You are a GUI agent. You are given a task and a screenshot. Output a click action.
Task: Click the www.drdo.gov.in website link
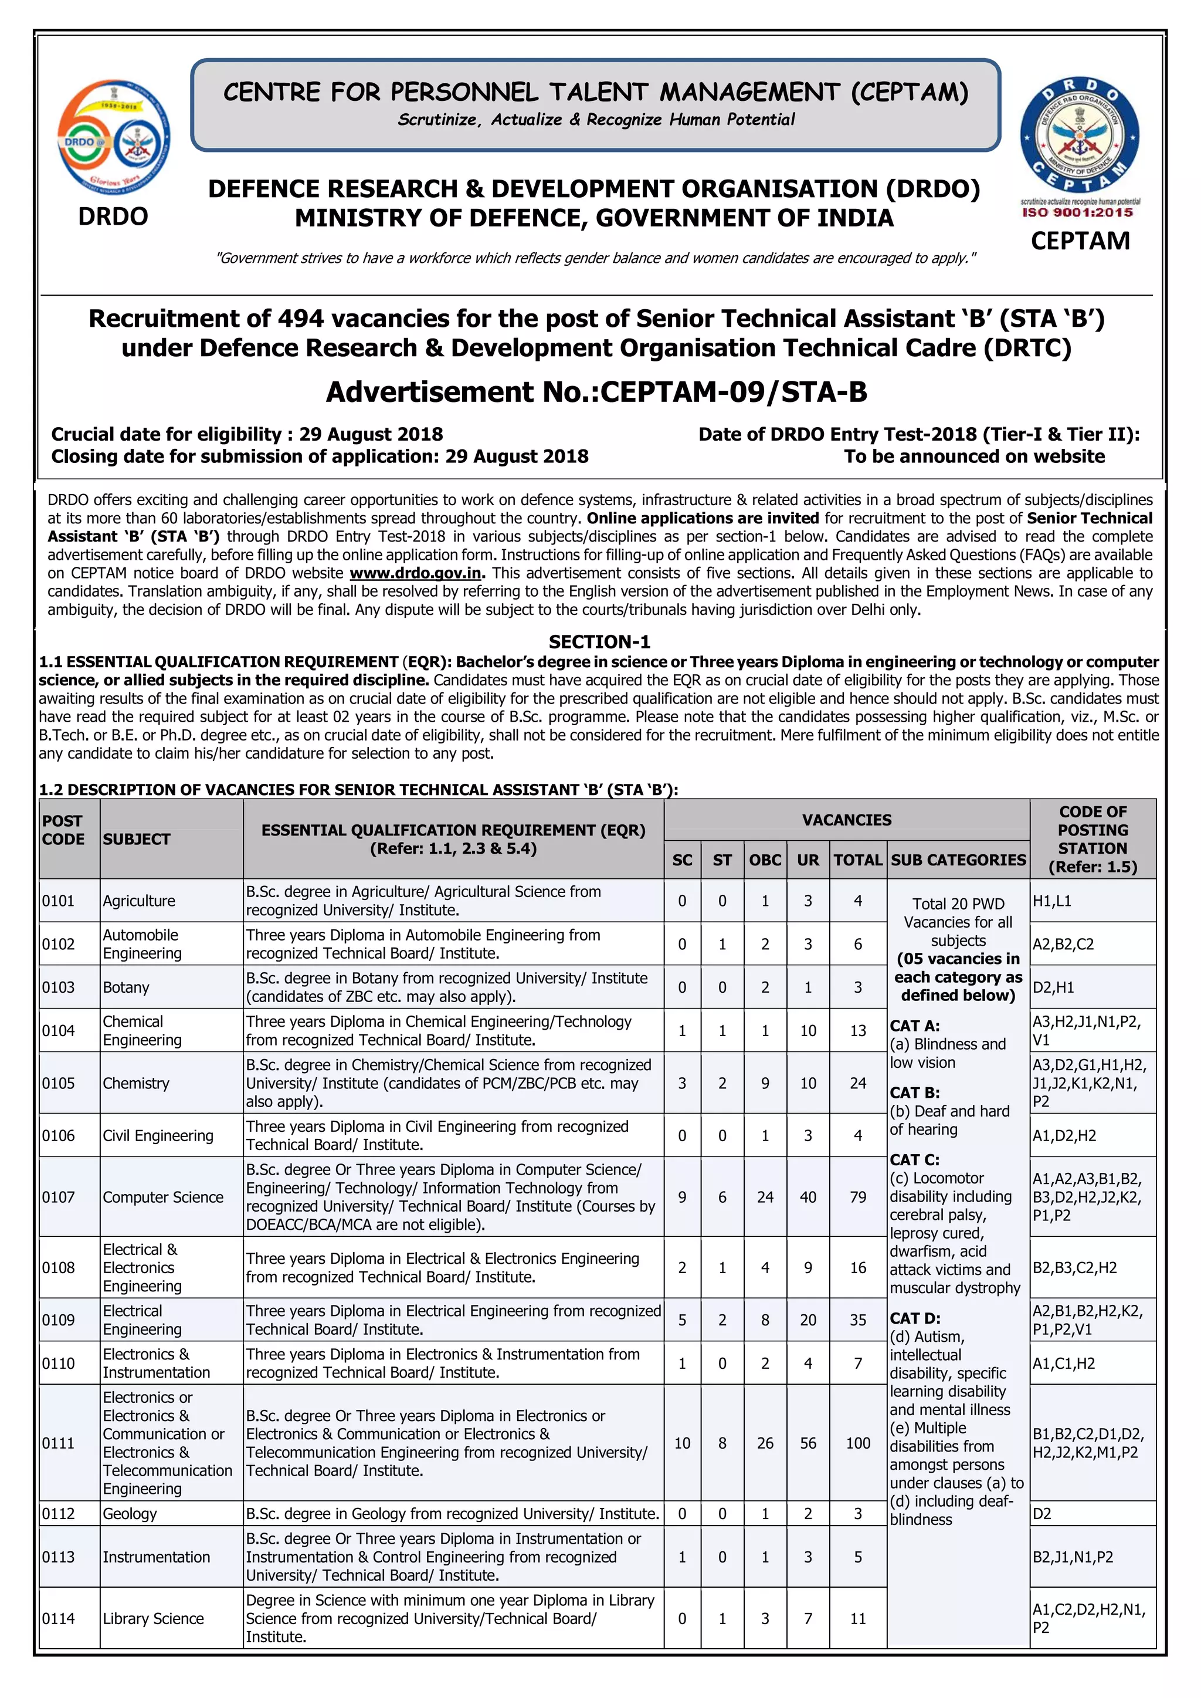point(416,573)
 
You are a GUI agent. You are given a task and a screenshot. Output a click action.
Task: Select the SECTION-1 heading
point(599,641)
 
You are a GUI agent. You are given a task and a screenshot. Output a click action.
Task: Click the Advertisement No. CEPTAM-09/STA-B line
point(596,392)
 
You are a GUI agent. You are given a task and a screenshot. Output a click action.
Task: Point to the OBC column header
point(765,860)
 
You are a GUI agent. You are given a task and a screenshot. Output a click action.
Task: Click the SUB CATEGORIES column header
point(958,860)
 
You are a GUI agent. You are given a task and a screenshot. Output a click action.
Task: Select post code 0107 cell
point(59,1197)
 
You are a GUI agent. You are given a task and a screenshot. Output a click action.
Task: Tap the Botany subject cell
point(127,987)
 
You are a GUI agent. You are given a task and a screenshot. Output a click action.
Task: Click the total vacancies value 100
point(858,1443)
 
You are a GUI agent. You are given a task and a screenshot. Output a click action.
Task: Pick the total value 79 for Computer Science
point(858,1197)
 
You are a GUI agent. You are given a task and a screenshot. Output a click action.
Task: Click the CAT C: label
point(915,1159)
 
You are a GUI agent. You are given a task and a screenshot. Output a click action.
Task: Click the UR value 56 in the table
point(808,1443)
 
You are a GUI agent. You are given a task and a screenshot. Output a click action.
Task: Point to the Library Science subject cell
point(153,1618)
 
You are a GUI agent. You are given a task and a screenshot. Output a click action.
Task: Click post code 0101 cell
point(59,901)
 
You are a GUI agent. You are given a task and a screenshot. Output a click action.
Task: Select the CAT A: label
point(915,1026)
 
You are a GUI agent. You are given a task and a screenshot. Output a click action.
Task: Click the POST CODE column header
point(63,830)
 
